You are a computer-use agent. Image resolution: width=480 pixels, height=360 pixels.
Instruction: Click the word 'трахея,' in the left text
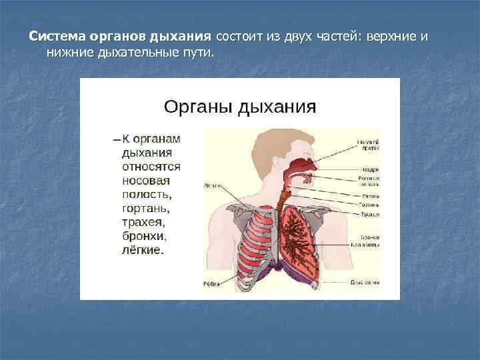click(x=144, y=223)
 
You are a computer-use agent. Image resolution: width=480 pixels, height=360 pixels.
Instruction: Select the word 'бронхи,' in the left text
click(x=144, y=237)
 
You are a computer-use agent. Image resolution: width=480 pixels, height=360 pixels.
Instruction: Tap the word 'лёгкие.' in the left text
click(x=143, y=251)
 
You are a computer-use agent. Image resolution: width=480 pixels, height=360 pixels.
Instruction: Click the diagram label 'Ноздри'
click(x=370, y=169)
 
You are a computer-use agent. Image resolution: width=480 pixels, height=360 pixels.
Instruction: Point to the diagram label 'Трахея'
click(x=370, y=214)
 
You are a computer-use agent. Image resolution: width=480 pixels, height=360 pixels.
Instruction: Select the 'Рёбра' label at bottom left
click(x=212, y=283)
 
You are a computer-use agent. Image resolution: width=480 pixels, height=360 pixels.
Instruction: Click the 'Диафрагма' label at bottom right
click(x=365, y=282)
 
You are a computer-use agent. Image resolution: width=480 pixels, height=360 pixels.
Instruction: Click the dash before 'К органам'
click(x=117, y=139)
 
